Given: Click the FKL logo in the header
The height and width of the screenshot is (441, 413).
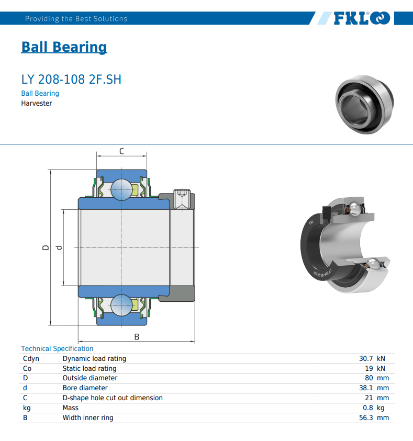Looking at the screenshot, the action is [362, 18].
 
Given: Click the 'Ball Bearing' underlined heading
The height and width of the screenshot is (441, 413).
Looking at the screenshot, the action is [64, 47].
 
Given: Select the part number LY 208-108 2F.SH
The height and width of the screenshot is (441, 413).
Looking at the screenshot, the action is [71, 80].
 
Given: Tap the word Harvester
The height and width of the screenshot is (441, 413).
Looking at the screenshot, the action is [37, 103].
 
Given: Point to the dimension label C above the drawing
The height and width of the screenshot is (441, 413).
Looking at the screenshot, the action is [121, 151].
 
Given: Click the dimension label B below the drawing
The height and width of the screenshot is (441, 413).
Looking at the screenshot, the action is [137, 337].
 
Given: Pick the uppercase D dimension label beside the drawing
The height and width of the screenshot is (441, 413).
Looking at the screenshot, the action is [46, 247].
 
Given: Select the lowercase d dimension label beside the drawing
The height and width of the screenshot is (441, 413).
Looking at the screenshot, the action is [59, 247].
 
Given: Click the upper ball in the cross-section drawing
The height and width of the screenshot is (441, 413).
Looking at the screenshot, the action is [121, 189].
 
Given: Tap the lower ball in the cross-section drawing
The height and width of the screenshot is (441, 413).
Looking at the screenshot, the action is [121, 305].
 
